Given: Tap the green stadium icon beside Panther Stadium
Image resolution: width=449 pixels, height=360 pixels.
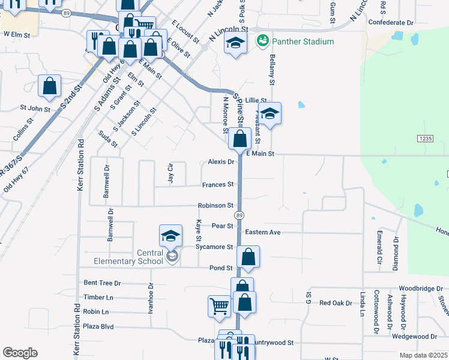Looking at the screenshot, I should pos(262,41).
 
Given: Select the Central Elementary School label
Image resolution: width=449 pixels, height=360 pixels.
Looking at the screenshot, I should pos(128,257).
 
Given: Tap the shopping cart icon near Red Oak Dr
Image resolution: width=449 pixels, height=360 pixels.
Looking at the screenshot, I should pos(219,306).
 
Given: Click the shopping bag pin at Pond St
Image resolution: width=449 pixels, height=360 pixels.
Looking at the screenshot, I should pos(248,257).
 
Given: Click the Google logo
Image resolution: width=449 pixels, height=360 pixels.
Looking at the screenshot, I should pos(20,353).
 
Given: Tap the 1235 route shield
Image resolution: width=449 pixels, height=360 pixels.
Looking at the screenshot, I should pos(425,139).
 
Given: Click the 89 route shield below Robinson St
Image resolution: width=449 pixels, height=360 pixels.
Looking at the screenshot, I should pos(240,215).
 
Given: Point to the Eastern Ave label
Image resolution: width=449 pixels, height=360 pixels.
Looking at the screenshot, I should pos(262,232).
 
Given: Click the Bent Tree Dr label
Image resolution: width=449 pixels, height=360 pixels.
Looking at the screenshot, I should pos(102,283).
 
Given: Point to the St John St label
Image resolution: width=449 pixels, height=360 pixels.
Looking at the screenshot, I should pos(35,109).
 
